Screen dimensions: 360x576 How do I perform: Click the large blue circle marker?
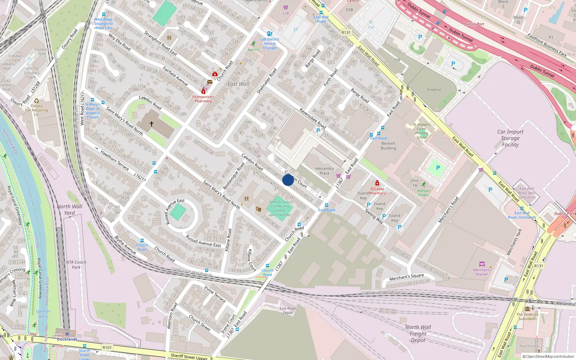288,180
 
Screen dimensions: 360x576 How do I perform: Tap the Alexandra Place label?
324,171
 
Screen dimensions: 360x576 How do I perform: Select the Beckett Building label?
388,146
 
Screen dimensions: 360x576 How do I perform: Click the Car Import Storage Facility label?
510,138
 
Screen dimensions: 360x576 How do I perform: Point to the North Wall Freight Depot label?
418,334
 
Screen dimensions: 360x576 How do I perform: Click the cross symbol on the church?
152,124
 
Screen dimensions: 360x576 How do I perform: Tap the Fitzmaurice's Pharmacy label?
203,99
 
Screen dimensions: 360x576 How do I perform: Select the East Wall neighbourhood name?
238,84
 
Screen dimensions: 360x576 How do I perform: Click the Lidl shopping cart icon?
286,8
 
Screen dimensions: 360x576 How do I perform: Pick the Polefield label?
434,90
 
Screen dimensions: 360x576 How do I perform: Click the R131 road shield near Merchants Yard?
539,266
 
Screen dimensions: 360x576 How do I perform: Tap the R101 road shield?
107,347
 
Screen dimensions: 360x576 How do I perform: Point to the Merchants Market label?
482,272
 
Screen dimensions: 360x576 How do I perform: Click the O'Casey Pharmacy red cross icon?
377,183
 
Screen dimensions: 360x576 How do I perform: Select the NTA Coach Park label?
76,265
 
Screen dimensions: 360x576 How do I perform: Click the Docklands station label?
67,339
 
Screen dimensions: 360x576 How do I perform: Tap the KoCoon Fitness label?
423,193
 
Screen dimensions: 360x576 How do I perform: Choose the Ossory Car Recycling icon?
36,101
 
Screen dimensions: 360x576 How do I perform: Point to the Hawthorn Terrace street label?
114,161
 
